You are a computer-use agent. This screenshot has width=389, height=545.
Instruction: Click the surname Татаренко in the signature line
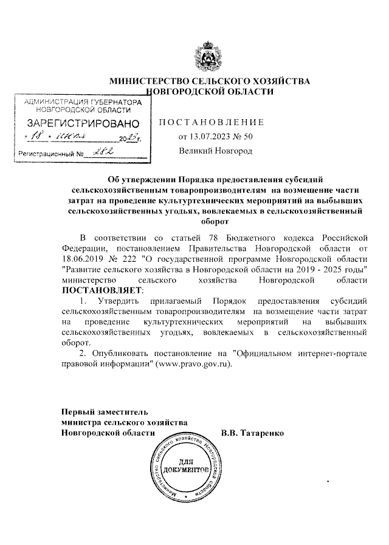tap(263, 433)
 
